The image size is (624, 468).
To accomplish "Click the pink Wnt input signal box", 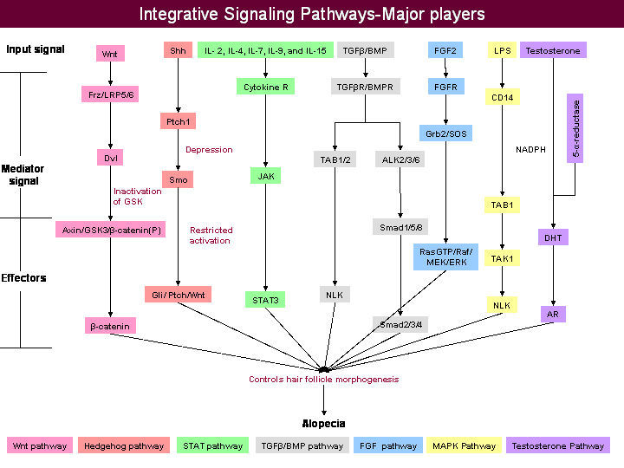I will point(109,54).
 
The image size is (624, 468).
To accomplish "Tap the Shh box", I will point(177,51).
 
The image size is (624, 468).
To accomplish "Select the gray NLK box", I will point(334,294).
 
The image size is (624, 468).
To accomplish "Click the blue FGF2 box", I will point(446,51).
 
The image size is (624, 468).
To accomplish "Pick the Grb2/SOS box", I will point(446,134).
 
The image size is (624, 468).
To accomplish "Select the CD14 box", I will point(503,97).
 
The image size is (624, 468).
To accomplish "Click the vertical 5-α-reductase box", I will point(575,129).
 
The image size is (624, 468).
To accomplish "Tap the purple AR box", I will point(553,314).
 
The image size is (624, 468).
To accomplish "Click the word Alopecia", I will point(323,424).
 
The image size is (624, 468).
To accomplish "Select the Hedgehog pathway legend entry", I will point(123,446).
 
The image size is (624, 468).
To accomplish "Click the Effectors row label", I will point(24,278).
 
